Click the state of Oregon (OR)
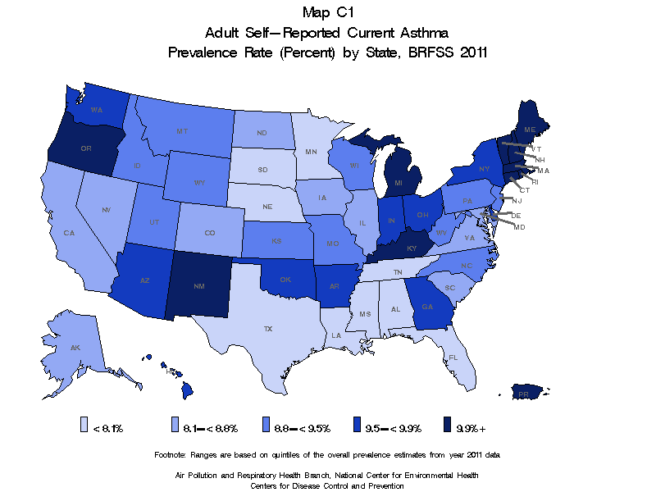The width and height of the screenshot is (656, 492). point(85,148)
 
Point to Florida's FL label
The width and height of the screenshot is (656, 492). point(453,358)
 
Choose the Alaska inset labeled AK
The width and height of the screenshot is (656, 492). point(75,348)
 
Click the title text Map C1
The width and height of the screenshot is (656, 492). point(327,12)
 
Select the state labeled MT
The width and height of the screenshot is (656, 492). point(182,131)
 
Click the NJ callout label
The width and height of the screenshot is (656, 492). point(517,200)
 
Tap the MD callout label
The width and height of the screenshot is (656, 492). point(519,226)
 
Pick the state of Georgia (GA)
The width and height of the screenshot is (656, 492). point(427,306)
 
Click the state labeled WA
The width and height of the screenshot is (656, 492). point(96,109)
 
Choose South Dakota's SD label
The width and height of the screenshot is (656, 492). point(262,170)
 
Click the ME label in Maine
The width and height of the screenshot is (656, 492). point(530,130)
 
